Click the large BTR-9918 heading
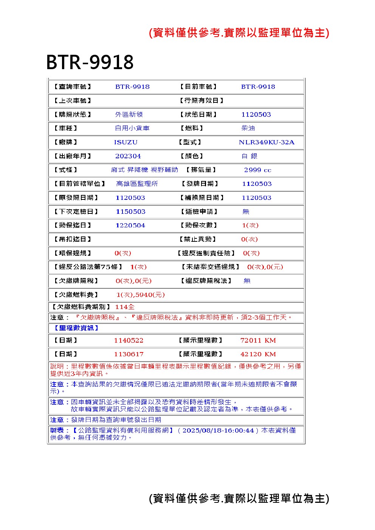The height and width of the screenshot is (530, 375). [90, 62]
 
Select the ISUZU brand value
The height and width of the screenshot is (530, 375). [126, 142]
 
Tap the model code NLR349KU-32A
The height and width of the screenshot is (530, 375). [266, 142]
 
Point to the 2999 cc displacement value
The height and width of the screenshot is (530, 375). [257, 170]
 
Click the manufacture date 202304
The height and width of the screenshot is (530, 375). [128, 156]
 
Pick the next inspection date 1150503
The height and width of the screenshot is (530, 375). [130, 212]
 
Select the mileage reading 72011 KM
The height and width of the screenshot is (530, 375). [258, 340]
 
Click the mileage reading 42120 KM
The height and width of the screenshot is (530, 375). [258, 354]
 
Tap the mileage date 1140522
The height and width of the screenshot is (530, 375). [129, 340]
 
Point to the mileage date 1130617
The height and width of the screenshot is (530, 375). [129, 354]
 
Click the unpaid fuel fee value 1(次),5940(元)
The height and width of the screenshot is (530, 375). [140, 295]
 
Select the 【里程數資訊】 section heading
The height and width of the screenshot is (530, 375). [74, 328]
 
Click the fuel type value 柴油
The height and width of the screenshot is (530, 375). [248, 128]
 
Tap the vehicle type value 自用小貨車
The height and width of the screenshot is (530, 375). [132, 128]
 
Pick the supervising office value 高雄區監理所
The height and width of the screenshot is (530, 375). [137, 184]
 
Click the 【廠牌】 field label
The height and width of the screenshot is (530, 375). [66, 142]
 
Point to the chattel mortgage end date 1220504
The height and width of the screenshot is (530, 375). [130, 226]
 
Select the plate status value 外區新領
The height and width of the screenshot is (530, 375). [129, 114]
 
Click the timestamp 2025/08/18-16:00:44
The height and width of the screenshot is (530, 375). [218, 430]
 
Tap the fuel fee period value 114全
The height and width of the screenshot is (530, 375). [125, 307]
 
